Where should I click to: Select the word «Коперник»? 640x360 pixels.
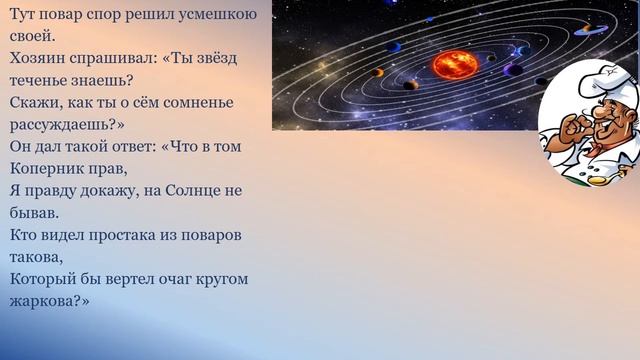[x=50, y=168]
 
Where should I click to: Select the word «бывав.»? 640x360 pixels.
[x=35, y=212]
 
